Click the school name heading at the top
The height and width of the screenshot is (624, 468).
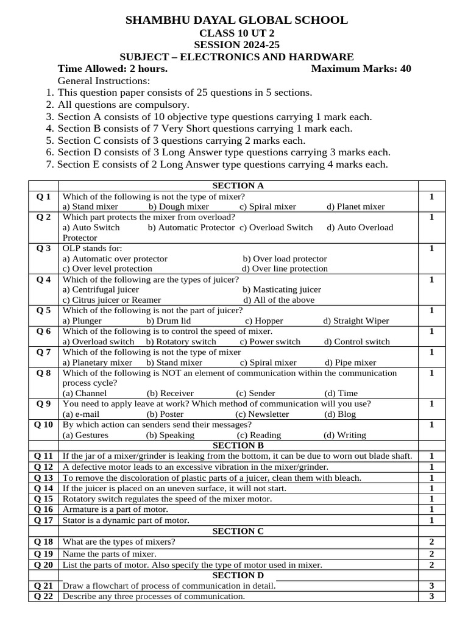(x=236, y=20)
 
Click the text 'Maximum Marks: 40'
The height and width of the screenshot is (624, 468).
(x=361, y=68)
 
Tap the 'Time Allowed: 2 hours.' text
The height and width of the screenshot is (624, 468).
(x=112, y=68)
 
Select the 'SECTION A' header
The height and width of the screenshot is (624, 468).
(x=238, y=185)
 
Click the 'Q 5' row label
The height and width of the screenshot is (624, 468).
(x=43, y=310)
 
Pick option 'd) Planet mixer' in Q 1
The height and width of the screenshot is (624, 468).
(x=355, y=207)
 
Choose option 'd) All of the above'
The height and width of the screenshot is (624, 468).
(x=278, y=300)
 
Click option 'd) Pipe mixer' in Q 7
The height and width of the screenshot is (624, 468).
(x=350, y=363)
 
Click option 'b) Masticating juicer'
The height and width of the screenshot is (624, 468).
(x=282, y=289)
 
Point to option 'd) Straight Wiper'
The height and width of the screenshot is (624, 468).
(x=356, y=321)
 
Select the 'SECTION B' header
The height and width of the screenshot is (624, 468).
(x=238, y=445)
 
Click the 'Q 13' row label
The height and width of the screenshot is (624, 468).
(x=43, y=478)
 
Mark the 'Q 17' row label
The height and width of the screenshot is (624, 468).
(x=43, y=520)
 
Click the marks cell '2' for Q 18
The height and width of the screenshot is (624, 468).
(x=431, y=542)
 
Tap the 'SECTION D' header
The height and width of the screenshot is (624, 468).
(x=238, y=575)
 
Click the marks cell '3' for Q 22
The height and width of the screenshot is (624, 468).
(x=431, y=596)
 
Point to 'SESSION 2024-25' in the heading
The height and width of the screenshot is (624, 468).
(x=236, y=45)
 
